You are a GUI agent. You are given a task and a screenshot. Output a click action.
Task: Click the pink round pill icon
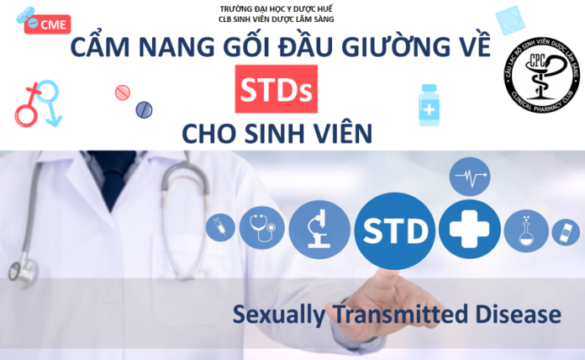(x=122, y=90)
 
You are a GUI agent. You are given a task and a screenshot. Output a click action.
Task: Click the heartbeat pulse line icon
(x=468, y=177)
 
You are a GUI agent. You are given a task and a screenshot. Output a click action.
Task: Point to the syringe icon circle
(x=220, y=225)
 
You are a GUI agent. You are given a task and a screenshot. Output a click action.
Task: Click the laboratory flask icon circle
(x=529, y=227)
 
